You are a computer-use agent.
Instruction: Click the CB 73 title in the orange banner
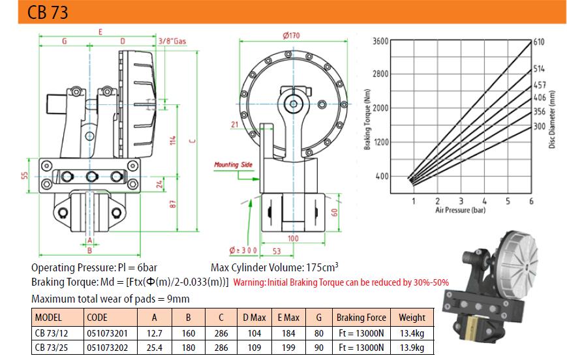tap(48, 12)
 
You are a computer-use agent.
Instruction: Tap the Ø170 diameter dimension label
tap(292, 35)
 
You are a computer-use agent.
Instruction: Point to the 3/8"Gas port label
tap(172, 41)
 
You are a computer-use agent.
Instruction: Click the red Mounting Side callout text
tap(233, 165)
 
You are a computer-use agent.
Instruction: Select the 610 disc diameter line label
tap(539, 42)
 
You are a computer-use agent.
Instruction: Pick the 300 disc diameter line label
tap(540, 127)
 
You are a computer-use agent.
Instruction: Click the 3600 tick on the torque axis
tap(380, 41)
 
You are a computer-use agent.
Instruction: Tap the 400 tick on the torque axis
tap(382, 176)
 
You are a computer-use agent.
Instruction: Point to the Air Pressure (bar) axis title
tap(461, 210)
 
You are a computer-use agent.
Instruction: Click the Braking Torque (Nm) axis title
tap(367, 119)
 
